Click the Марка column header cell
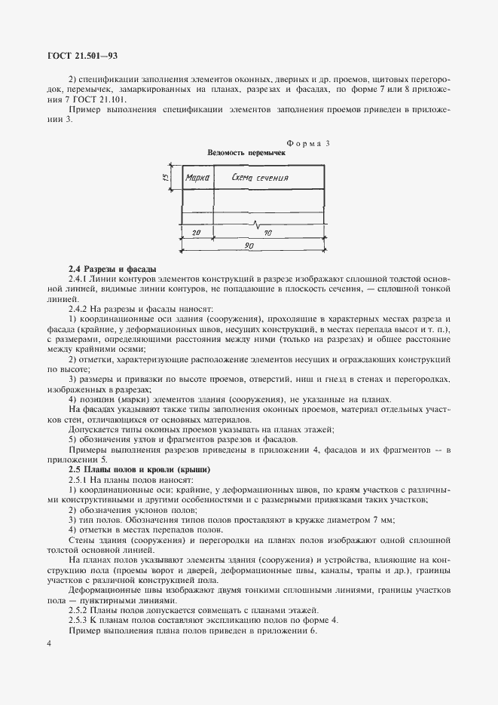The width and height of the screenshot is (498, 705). (197, 179)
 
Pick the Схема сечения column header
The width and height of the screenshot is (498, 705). (264, 179)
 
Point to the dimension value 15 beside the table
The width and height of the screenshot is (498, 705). (164, 177)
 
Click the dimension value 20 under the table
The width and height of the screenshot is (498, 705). (197, 233)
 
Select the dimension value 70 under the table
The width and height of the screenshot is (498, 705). (268, 233)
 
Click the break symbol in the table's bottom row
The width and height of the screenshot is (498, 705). (260, 224)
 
